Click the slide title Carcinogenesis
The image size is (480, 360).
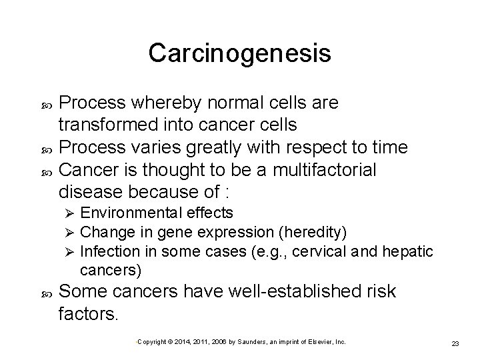[239, 53]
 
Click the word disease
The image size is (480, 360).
[90, 192]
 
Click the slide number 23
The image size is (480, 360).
[456, 343]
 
